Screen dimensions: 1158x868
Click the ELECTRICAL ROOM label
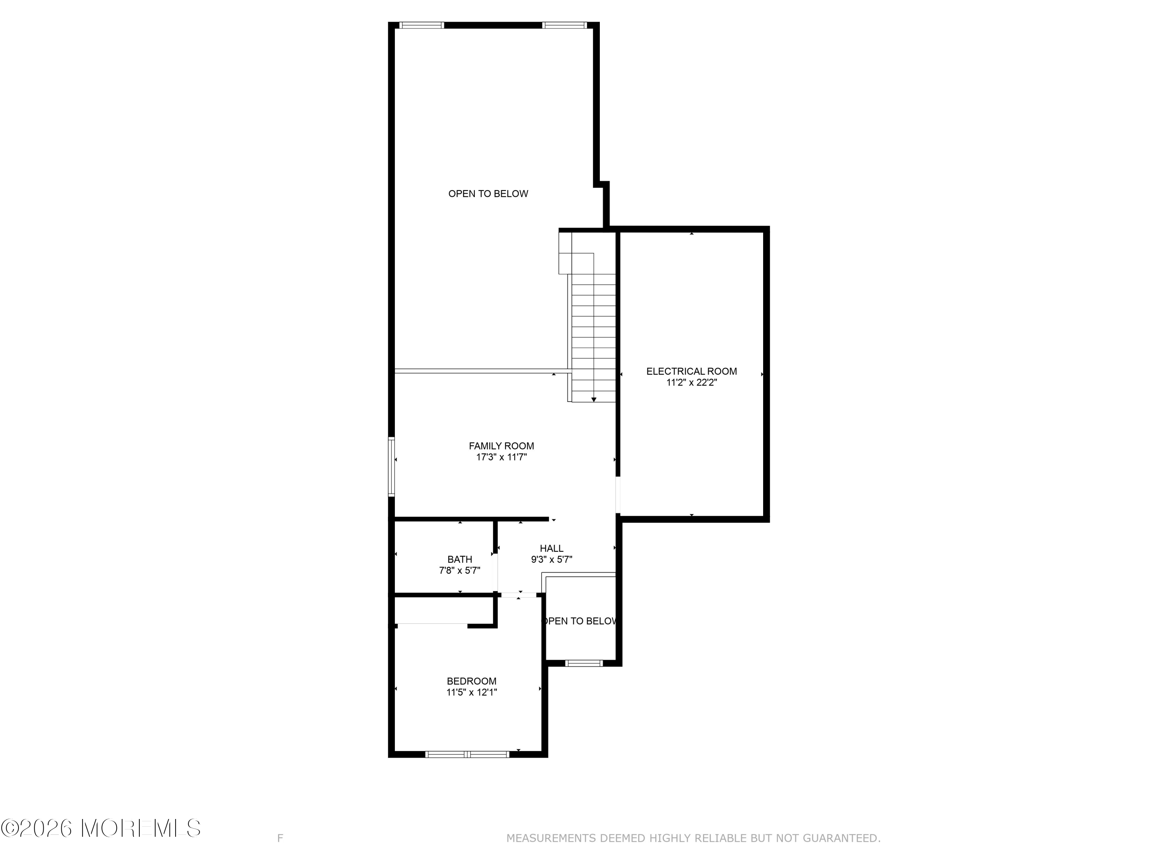692,371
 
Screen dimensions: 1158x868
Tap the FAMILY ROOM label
501,446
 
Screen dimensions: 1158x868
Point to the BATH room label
460,559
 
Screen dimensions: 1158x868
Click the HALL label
551,548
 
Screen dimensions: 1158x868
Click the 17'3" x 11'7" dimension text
501,457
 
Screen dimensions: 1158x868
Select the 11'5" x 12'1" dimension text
471,692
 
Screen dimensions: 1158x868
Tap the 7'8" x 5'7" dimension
460,570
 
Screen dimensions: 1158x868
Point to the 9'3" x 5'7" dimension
551,559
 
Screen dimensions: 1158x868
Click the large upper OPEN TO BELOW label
488,194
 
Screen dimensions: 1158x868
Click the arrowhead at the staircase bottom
594,400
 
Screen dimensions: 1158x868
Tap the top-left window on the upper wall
422,25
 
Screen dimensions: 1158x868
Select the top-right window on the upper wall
564,25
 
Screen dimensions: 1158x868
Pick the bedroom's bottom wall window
467,754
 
